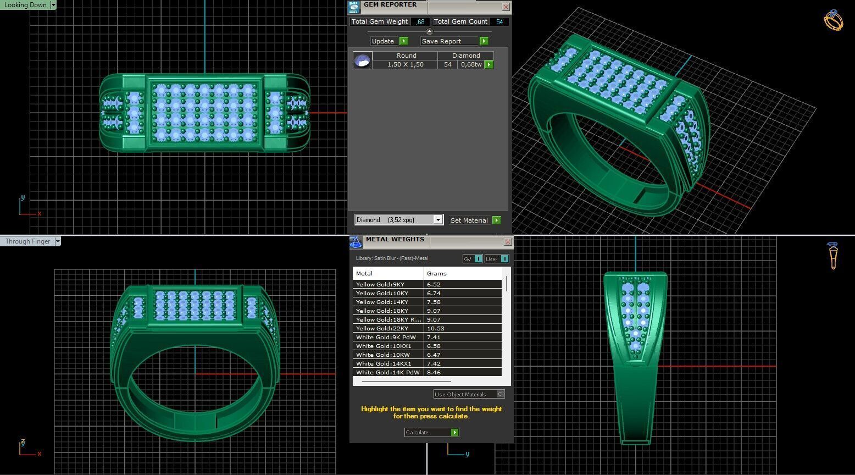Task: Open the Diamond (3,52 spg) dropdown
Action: coord(438,220)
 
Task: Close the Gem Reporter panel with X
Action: coord(506,7)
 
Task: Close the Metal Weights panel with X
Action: coord(507,242)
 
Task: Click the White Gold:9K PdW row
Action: coord(386,337)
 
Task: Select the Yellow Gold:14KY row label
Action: coord(382,302)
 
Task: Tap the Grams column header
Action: coord(437,273)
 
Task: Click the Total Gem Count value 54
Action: coord(499,22)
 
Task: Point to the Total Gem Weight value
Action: coord(421,22)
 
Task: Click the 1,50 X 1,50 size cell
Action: coord(405,64)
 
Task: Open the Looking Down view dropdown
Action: coord(53,5)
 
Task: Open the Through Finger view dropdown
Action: coord(58,241)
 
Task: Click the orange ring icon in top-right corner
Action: coord(833,20)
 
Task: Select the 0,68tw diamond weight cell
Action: coord(471,64)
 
